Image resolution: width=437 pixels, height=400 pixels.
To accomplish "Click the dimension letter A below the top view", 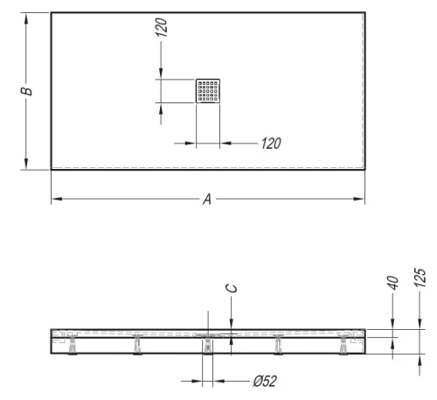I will [x=207, y=200].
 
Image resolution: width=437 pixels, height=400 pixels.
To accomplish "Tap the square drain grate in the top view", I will [x=208, y=90].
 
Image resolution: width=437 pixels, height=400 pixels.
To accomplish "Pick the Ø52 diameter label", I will [x=266, y=382].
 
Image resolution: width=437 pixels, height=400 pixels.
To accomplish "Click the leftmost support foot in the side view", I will [x=70, y=347].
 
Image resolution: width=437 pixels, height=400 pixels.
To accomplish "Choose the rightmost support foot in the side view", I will [x=345, y=347].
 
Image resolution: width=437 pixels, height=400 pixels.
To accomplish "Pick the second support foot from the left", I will [x=138, y=347].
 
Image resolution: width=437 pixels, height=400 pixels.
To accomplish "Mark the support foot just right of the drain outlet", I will [x=277, y=347].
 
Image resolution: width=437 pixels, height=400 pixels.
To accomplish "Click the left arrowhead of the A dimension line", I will [x=54, y=200].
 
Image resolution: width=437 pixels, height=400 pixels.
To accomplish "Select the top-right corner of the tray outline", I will [x=364, y=11].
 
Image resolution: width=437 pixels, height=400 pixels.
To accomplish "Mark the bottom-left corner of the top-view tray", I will [x=51, y=169].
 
